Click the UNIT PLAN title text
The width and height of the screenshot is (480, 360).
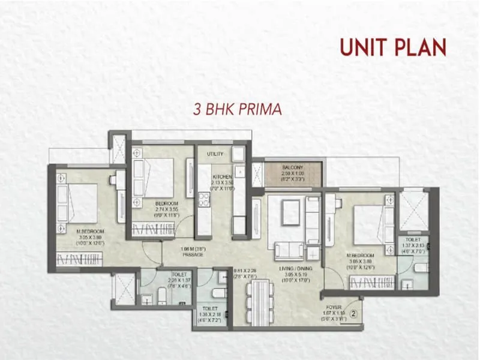pyautogui.click(x=394, y=47)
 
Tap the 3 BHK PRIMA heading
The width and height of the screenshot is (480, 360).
pyautogui.click(x=237, y=110)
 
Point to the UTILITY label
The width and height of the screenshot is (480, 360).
pyautogui.click(x=215, y=154)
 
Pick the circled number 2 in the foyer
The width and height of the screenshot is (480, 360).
pyautogui.click(x=353, y=312)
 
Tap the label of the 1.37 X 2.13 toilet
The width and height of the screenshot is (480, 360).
pyautogui.click(x=413, y=240)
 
